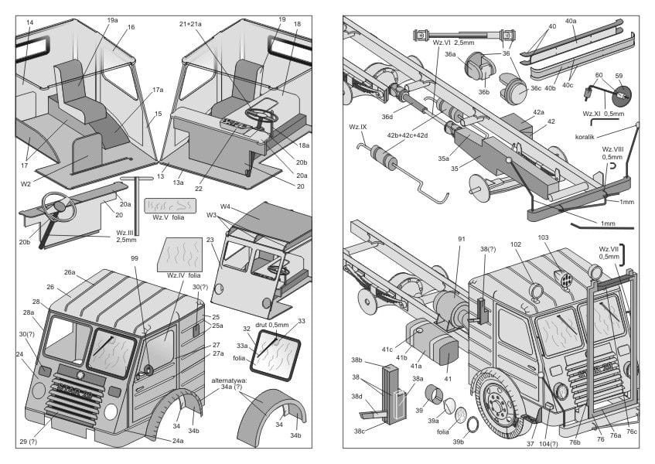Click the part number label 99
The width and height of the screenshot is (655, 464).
click(x=135, y=258)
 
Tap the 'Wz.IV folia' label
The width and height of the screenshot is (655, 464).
click(x=183, y=275)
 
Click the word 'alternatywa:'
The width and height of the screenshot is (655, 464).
click(x=229, y=380)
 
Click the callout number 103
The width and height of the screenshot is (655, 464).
click(x=544, y=238)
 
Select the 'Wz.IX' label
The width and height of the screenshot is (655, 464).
click(x=358, y=126)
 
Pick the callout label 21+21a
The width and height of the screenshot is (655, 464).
click(x=190, y=24)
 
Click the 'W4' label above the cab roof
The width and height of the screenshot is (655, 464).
click(x=226, y=206)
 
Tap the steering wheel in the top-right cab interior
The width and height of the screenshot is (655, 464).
click(x=261, y=116)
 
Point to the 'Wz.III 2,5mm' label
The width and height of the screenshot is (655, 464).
click(x=128, y=236)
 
